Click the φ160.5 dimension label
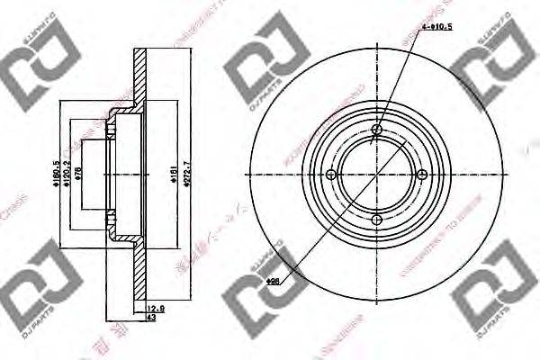coord(57,175)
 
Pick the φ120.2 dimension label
coord(66,175)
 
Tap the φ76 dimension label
coord(78,175)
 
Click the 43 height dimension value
coord(152,318)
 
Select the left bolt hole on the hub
coord(331,175)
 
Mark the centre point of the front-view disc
coord(377,175)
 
